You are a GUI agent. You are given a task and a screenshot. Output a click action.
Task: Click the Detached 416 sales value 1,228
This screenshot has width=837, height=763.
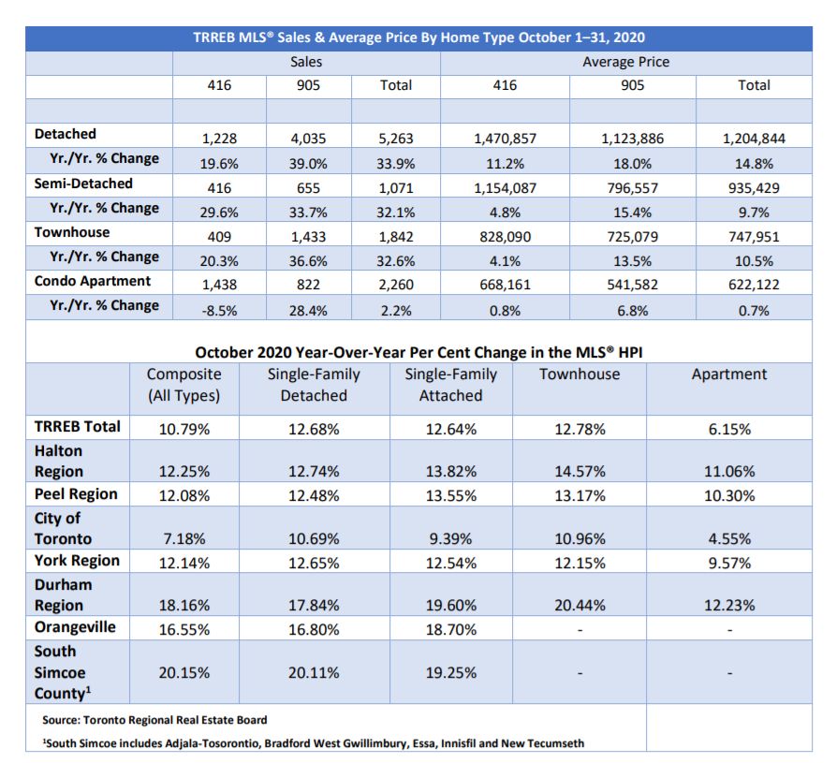[x=219, y=139]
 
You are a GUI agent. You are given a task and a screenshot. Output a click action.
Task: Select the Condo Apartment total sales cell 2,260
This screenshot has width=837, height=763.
[x=395, y=285]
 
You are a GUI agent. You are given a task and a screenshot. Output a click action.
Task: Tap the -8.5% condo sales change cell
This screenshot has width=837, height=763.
[x=219, y=311]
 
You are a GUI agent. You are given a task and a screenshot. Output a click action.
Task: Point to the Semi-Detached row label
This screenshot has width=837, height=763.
[x=83, y=183]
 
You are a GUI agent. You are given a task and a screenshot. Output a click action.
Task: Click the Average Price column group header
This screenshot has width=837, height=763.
[x=625, y=62]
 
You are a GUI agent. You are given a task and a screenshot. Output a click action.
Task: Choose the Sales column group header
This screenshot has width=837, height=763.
[x=306, y=62]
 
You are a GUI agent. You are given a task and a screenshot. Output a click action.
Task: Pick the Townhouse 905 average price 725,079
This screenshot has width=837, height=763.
[x=632, y=237]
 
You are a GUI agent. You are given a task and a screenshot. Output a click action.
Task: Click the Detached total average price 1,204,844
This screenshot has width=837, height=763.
[x=754, y=139]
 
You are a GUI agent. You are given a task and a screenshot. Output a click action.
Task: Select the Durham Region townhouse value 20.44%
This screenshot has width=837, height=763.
[x=580, y=605]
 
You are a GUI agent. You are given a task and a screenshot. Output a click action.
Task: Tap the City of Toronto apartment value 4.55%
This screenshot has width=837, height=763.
[x=729, y=538]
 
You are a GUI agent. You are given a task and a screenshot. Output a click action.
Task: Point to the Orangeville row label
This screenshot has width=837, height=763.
[x=75, y=627]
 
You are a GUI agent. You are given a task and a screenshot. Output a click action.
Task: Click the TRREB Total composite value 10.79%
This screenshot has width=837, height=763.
[x=184, y=430]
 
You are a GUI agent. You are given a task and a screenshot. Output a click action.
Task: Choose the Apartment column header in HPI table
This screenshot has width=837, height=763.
[x=729, y=374]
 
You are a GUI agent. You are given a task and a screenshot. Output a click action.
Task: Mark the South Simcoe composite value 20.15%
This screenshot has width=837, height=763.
[x=184, y=672]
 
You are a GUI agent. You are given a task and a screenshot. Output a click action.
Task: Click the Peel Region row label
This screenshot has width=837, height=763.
[x=76, y=494]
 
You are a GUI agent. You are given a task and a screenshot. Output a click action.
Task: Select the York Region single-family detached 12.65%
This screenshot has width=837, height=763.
[x=314, y=563]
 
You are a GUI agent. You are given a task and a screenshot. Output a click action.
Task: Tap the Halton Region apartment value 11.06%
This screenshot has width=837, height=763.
[x=729, y=472]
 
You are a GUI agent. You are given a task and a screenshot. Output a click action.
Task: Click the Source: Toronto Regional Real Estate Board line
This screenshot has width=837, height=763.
[x=154, y=720]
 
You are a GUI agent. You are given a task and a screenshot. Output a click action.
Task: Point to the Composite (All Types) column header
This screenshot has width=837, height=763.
[x=184, y=385]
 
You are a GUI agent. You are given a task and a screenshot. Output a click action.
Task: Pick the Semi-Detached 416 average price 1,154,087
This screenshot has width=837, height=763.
[x=505, y=188]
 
